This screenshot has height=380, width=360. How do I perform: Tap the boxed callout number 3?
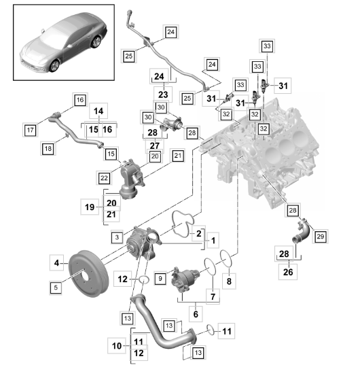click(117, 236)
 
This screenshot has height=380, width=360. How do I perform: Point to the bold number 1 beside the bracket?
click(213, 240)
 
